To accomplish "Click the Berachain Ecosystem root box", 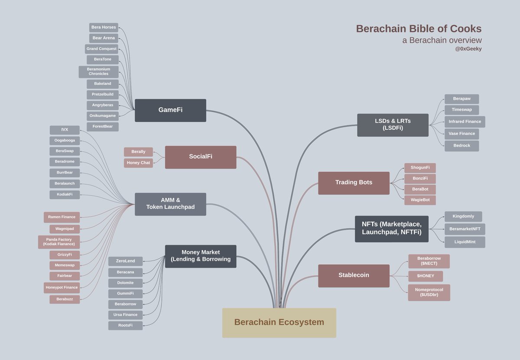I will [279, 323].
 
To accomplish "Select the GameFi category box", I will [170, 110].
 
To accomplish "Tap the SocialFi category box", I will [201, 157].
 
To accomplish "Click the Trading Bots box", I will [354, 183].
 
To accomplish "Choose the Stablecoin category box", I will [354, 275].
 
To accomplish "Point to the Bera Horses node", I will [104, 27].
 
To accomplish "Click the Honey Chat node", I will [138, 163].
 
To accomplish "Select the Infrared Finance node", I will [465, 122].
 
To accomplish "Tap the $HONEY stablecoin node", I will [425, 276].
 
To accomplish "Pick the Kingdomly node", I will [463, 216].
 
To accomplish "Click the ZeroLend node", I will [125, 261].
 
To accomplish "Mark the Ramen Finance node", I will [62, 217].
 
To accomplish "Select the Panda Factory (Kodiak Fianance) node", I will [59, 242].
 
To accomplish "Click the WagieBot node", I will [420, 200].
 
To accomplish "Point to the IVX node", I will [65, 130].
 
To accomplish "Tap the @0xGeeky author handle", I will [468, 49].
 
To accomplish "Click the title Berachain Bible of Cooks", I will [419, 29].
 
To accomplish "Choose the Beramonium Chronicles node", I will [98, 72].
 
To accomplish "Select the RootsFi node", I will [125, 325].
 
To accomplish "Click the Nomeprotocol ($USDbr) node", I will [429, 292].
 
